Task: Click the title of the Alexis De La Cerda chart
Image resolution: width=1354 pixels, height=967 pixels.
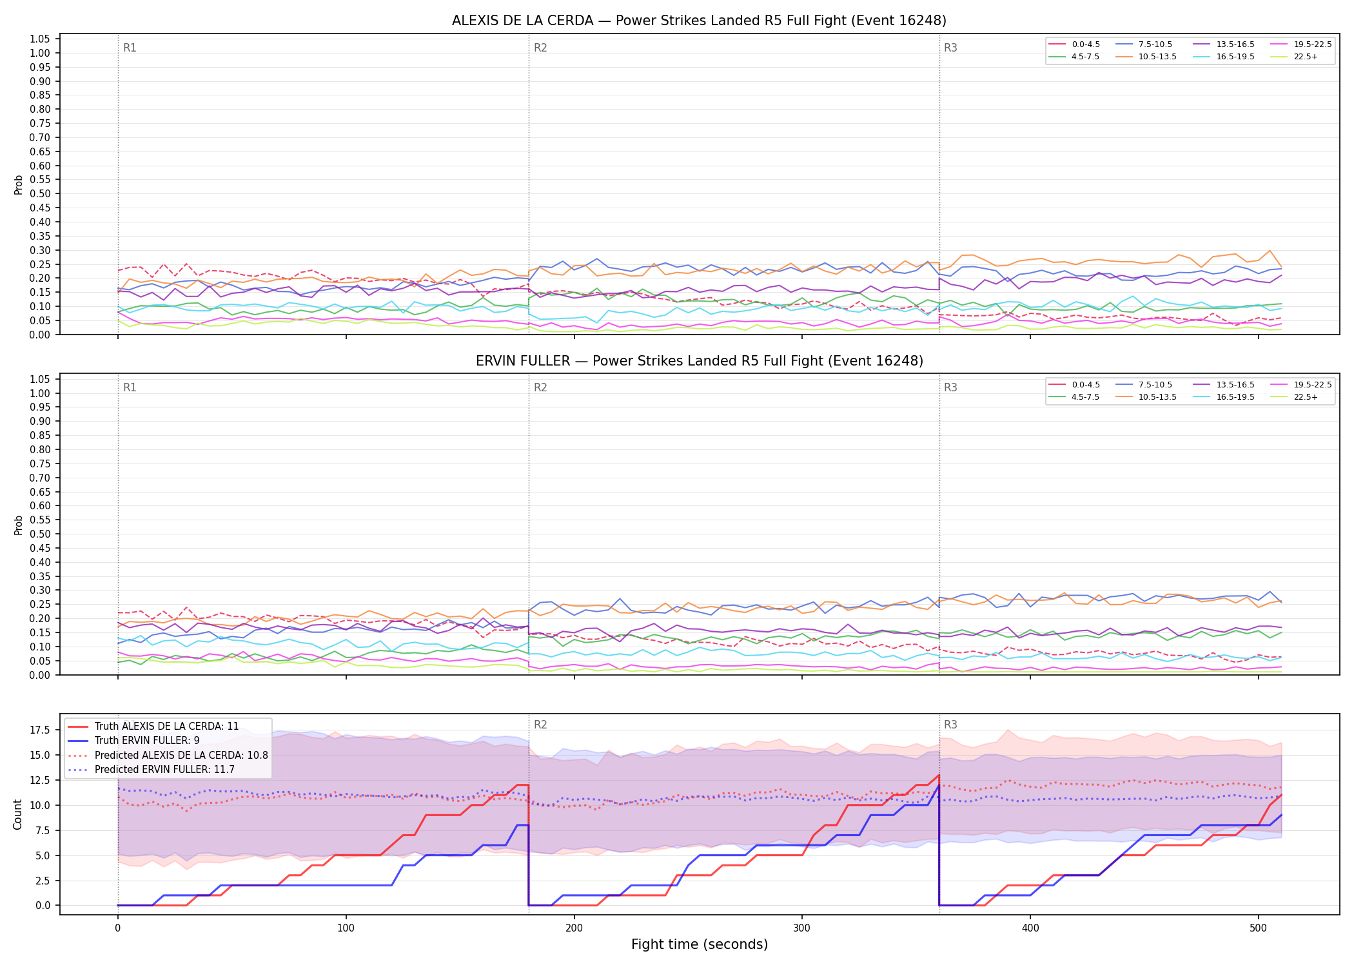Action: (699, 21)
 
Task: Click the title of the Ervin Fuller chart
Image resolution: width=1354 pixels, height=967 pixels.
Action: (699, 361)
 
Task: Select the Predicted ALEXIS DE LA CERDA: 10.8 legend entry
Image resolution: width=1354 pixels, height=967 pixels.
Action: (168, 755)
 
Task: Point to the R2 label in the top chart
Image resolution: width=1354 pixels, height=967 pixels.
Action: (540, 48)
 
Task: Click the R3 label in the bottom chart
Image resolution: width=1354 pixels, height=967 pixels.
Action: (950, 725)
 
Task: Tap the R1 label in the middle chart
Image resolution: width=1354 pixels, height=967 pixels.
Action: (130, 387)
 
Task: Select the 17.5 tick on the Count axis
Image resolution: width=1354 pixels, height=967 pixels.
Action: (40, 730)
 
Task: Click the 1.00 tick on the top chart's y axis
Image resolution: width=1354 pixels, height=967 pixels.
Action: (40, 53)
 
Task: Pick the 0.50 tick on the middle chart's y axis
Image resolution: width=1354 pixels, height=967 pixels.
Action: (40, 534)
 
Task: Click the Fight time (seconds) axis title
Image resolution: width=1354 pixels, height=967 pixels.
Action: (700, 944)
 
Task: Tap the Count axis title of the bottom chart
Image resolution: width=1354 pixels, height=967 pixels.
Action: (17, 814)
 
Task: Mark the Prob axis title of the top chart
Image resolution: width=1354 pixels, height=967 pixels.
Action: (19, 185)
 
